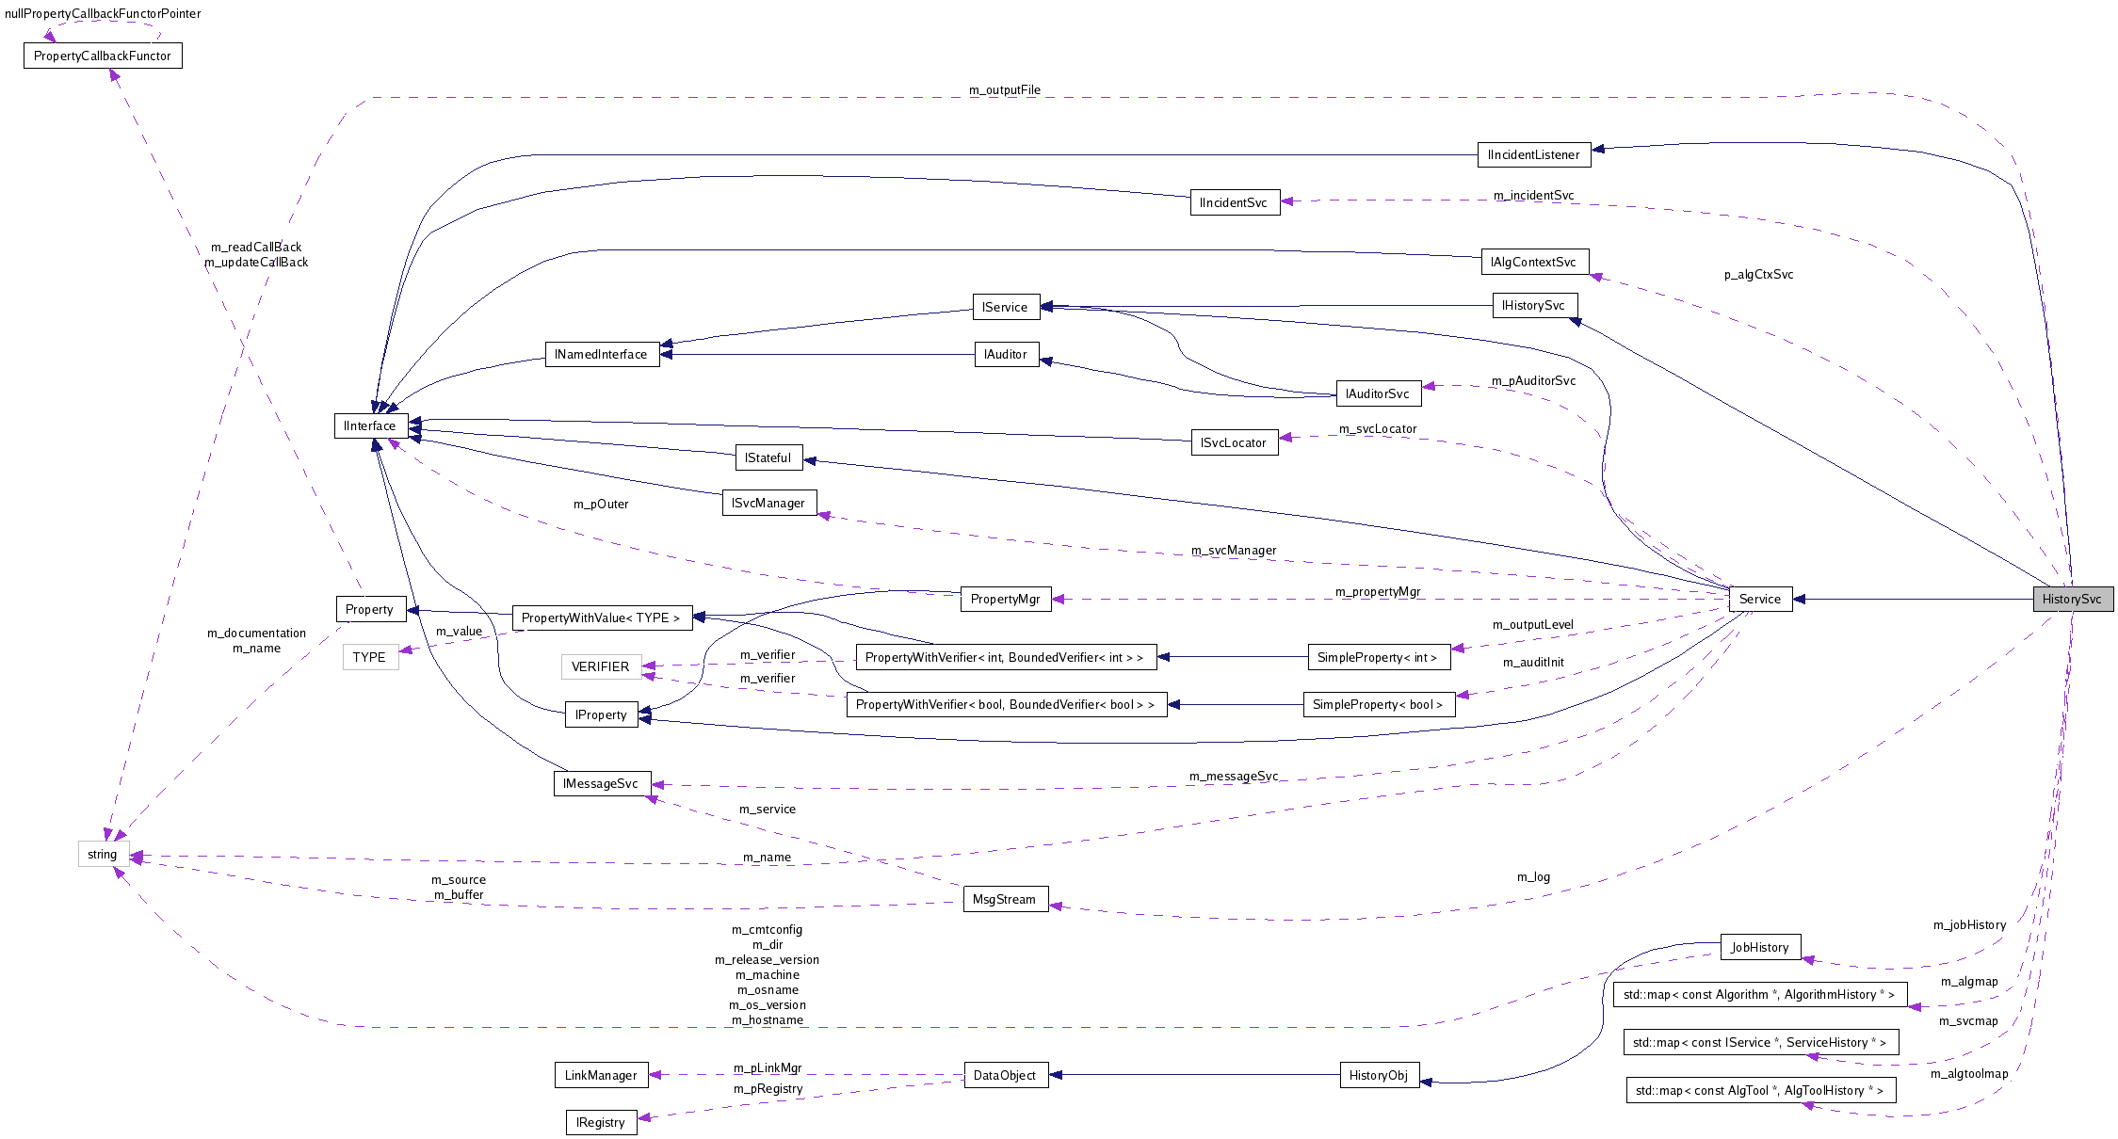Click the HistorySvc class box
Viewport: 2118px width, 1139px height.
[x=2072, y=599]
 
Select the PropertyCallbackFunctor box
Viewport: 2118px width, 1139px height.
[x=103, y=56]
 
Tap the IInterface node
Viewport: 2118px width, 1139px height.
[x=370, y=425]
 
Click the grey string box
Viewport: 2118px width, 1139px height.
[x=103, y=854]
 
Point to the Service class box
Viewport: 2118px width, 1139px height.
[x=1759, y=599]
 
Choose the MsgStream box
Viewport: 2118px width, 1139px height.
[x=1004, y=899]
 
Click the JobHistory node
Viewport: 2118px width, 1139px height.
[x=1759, y=947]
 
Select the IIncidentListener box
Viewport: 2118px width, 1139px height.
[x=1533, y=154]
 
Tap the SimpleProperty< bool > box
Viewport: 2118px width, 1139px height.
[x=1378, y=704]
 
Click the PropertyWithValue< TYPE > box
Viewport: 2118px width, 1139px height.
[x=601, y=618]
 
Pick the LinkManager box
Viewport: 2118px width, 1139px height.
[x=601, y=1075]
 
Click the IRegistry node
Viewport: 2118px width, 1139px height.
[x=601, y=1122]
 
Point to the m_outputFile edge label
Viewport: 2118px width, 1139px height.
[x=1004, y=90]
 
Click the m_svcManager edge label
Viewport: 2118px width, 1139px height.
[x=1234, y=550]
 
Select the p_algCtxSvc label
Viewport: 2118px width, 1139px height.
[x=1758, y=275]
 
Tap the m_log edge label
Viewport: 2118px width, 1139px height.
[x=1533, y=876]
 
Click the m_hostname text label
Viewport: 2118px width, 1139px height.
[x=768, y=1020]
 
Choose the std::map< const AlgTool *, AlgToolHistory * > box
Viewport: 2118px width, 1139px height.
[x=1759, y=1090]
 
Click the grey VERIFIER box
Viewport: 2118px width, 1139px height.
[x=601, y=666]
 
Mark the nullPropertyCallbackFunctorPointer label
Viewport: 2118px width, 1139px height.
[x=103, y=13]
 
